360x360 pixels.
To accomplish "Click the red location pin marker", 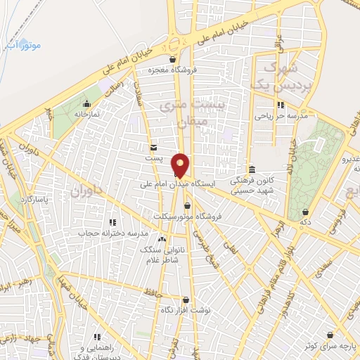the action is point(181,164).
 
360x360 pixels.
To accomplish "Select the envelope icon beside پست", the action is point(153,147).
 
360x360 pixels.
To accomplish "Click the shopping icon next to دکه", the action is point(305,212).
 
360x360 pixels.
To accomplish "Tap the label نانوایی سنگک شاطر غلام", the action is point(162,255).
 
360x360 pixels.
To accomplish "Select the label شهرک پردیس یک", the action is point(272,75).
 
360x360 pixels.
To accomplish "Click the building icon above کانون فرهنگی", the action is point(252,167).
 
